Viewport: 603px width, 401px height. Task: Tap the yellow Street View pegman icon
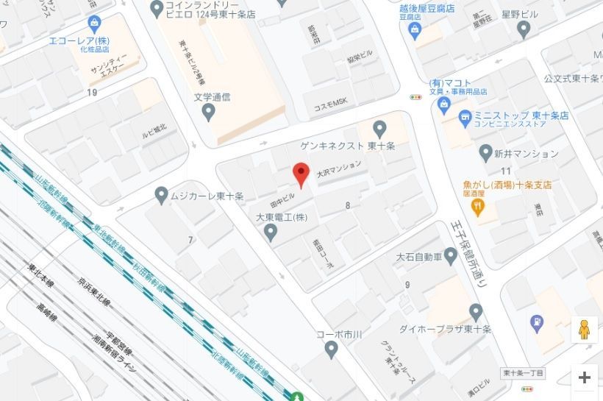click(x=584, y=330)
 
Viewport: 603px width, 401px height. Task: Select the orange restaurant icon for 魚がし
click(x=479, y=207)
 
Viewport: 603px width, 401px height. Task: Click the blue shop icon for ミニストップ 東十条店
click(x=465, y=117)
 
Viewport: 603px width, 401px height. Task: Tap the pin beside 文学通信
click(x=208, y=113)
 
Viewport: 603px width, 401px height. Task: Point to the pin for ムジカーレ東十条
click(x=162, y=195)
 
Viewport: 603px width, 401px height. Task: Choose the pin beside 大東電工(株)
click(x=271, y=233)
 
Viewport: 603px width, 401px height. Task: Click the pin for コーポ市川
click(x=332, y=349)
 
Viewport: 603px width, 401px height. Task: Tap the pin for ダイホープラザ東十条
click(x=476, y=312)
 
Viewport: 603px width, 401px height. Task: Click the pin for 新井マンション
click(x=485, y=153)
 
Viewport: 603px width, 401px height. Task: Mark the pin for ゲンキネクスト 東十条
click(x=379, y=129)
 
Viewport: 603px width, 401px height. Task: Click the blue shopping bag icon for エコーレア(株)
click(x=93, y=24)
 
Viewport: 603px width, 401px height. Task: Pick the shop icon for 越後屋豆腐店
click(x=415, y=30)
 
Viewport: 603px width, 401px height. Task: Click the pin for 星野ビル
click(x=524, y=29)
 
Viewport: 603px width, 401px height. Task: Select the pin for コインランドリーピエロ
click(x=156, y=9)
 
